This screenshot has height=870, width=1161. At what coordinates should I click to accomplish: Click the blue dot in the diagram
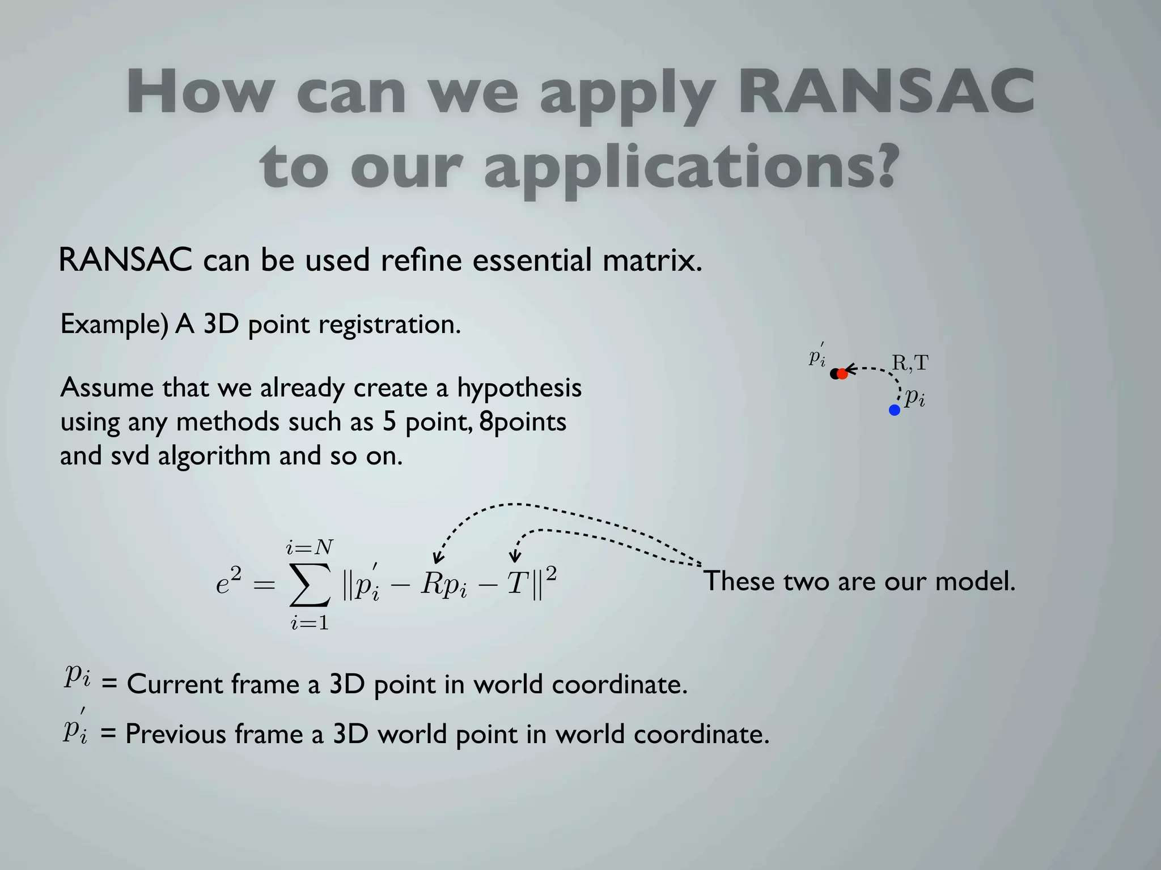pos(895,410)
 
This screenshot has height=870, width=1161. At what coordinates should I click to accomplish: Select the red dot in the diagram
pos(842,374)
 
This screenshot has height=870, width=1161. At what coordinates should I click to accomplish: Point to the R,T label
pos(910,363)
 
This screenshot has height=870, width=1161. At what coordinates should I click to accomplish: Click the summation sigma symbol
pos(310,584)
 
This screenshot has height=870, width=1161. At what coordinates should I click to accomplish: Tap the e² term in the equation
pos(229,582)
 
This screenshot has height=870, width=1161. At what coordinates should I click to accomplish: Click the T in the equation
pos(517,583)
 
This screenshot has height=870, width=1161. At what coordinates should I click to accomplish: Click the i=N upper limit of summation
pos(310,547)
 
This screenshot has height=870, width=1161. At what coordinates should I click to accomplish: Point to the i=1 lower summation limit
pos(310,623)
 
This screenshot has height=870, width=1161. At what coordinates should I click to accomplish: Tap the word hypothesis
pos(519,389)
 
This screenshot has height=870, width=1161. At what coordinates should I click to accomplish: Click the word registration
pos(389,325)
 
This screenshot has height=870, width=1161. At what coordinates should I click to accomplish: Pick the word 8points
pos(523,422)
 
